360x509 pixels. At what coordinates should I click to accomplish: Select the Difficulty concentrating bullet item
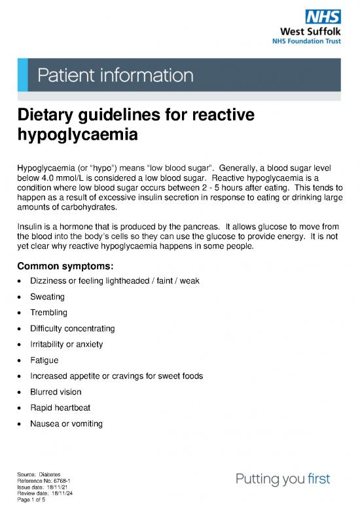coord(72,328)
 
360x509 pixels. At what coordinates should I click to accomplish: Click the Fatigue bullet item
coord(44,360)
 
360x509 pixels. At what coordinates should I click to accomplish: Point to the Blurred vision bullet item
coord(56,392)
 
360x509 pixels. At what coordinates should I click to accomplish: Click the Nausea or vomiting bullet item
coord(66,424)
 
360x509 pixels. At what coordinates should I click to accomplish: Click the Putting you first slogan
coord(283,479)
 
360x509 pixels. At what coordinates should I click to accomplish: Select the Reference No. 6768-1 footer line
coord(43,481)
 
